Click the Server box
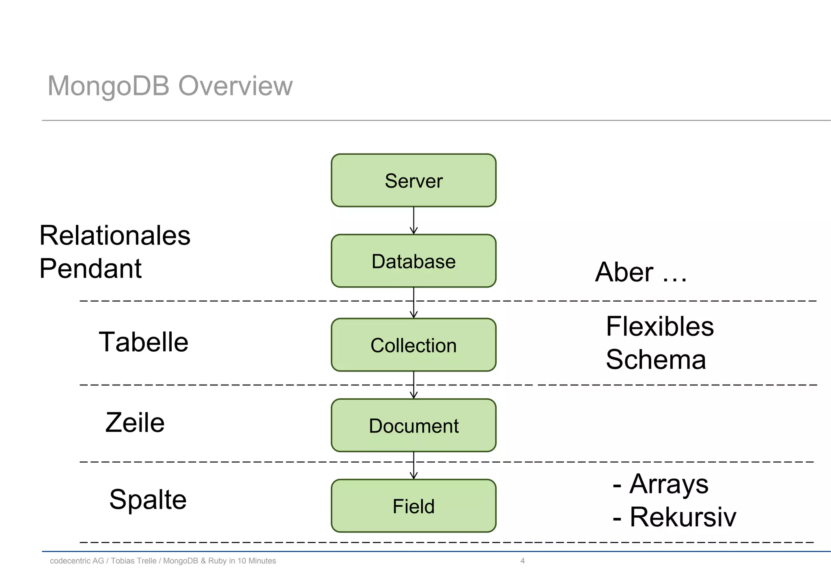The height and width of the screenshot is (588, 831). [413, 180]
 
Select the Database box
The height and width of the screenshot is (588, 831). [413, 261]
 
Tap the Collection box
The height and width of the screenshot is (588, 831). [413, 345]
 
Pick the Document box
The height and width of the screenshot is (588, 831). [413, 425]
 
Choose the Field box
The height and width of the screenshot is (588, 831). [413, 506]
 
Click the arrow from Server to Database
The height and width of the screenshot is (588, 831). [413, 220]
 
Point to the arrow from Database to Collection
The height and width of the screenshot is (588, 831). [413, 303]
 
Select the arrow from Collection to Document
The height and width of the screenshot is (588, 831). [413, 385]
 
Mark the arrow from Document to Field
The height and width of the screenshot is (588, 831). [413, 465]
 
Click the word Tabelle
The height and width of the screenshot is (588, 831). [144, 342]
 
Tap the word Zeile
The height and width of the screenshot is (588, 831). [135, 423]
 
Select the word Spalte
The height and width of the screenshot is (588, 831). [148, 499]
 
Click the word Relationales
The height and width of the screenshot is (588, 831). [115, 236]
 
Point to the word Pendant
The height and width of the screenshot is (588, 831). [90, 269]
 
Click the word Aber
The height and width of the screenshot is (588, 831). [624, 272]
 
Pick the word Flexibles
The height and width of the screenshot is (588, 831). [660, 326]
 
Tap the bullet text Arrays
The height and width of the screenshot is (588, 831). [669, 484]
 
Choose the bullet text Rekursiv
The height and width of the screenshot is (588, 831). [682, 517]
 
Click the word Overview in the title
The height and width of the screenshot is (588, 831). [235, 86]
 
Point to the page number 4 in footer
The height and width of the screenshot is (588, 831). [522, 561]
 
